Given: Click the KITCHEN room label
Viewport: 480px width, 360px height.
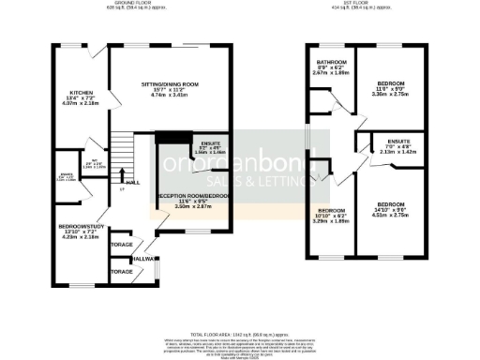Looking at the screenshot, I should (x=80, y=93).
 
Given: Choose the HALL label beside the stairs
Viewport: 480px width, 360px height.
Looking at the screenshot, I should (x=132, y=183).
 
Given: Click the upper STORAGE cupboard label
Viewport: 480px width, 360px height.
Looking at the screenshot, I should (x=122, y=245).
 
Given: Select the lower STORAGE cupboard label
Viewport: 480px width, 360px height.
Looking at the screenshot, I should (x=122, y=271).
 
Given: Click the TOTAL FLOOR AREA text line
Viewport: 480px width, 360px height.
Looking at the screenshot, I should (x=240, y=334).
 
